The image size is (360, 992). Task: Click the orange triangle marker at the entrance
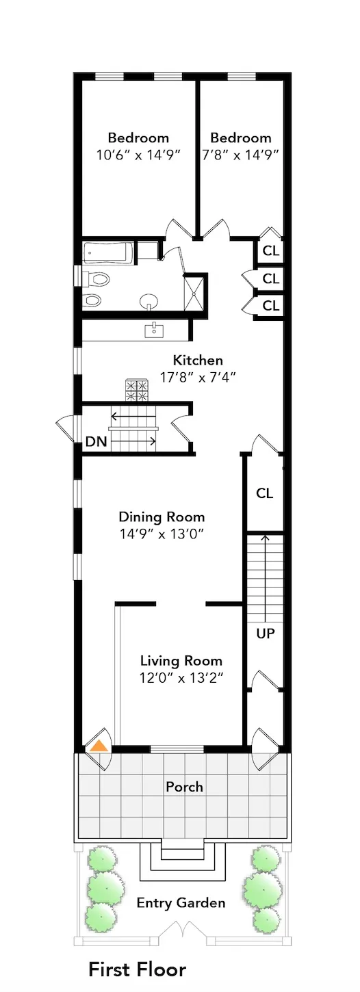[x=100, y=745]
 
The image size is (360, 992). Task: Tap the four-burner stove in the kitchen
[x=136, y=390]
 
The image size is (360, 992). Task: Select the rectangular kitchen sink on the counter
[x=154, y=331]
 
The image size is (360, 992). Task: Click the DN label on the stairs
[x=96, y=441]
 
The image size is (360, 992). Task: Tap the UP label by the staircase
[x=265, y=634]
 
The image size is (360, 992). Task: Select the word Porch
[x=184, y=787]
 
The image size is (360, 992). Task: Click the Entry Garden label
[x=181, y=903]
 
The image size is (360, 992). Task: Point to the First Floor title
[x=137, y=969]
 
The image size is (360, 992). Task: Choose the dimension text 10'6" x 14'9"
[x=138, y=155]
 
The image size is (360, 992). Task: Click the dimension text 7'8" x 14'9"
[x=240, y=155]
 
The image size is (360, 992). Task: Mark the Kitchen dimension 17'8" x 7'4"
[x=197, y=377]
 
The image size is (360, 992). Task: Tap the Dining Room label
[x=162, y=517]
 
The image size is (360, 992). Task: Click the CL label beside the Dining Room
[x=265, y=493]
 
